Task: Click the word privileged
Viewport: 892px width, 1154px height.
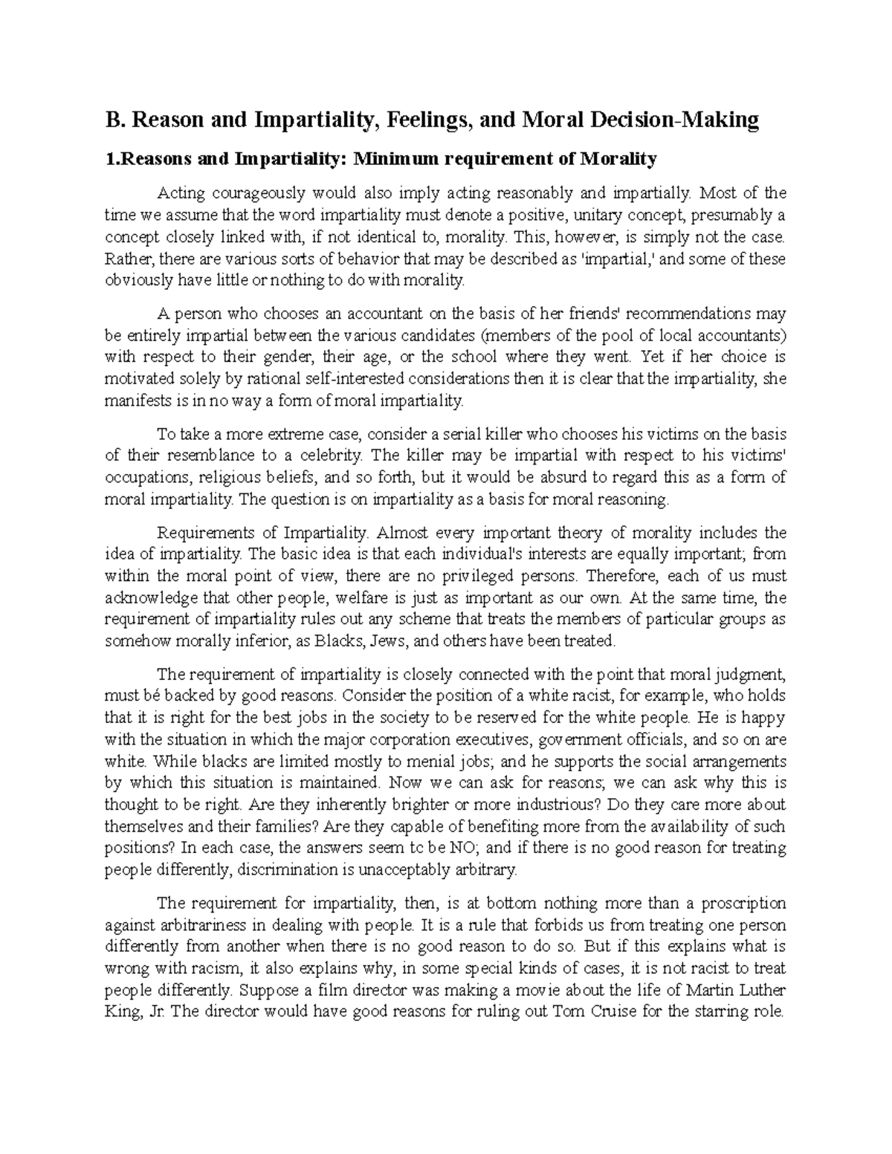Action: point(492,576)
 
